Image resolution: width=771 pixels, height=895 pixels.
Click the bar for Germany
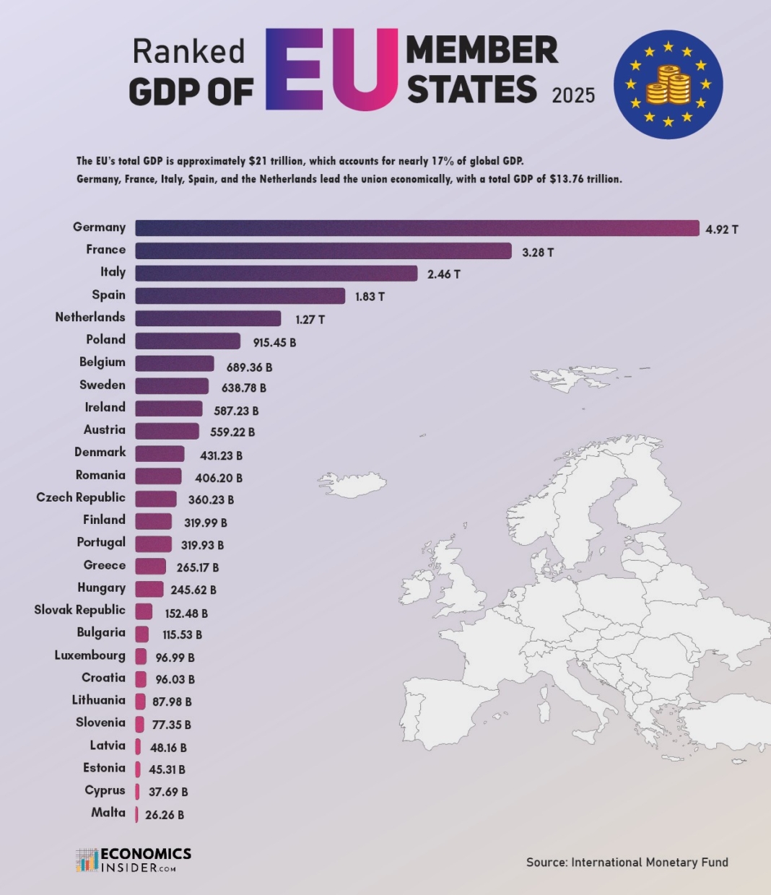(417, 228)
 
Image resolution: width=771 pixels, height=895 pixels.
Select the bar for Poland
(188, 341)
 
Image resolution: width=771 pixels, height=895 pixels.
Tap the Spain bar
(240, 296)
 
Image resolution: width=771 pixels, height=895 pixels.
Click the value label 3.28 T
(538, 252)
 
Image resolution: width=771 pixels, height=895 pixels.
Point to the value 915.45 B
(274, 343)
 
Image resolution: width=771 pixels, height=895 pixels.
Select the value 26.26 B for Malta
(165, 815)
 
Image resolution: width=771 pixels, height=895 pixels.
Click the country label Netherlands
(90, 317)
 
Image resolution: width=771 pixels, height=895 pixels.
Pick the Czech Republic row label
(81, 497)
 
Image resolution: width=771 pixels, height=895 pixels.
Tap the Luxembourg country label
(90, 655)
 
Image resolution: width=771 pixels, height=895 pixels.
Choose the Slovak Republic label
(79, 610)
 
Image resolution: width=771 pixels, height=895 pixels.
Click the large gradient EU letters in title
(331, 70)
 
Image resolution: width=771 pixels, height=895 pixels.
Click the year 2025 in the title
(573, 95)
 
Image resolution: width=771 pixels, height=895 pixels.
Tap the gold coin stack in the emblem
(668, 85)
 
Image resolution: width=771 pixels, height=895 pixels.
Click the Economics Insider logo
(134, 860)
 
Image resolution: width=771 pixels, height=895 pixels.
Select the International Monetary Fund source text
(649, 862)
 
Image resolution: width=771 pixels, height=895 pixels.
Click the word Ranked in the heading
(189, 51)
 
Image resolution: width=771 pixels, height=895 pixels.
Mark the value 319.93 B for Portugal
(202, 545)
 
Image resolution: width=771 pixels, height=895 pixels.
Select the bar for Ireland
(169, 409)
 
